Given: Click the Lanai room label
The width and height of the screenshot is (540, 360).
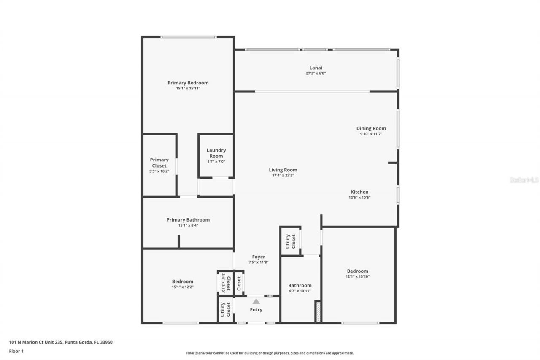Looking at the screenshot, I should coord(316,68).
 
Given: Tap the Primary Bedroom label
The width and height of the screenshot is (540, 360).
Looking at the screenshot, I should coord(188,83).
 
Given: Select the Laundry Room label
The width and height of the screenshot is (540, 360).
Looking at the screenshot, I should coord(216,153).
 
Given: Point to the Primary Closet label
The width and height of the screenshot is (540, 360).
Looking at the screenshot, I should coord(159,162).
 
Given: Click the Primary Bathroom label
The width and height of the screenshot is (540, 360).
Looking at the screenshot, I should coord(188,219).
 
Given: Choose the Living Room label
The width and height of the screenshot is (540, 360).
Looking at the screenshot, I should coord(283,170).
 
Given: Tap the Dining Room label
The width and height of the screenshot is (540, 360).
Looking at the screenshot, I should coord(371,128).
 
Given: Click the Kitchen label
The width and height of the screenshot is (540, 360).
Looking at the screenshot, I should coord(359,192).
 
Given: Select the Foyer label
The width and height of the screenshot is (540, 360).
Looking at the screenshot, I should coord(259,257).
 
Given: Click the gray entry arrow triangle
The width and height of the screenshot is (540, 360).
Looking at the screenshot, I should coord(256,301).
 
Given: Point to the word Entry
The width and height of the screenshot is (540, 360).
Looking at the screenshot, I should coord(256,309).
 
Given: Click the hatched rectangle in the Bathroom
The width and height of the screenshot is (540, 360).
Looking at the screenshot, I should coord(318,311).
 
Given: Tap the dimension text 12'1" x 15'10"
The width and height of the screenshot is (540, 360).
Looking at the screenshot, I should coord(357,276).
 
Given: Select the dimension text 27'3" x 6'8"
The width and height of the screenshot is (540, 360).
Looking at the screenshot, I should coord(316,73).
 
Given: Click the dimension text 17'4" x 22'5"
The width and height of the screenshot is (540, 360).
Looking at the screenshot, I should coord(283,175).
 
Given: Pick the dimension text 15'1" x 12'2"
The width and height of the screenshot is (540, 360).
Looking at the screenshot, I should coord(182,287).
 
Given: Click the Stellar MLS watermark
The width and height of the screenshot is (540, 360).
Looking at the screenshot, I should coord(524,180).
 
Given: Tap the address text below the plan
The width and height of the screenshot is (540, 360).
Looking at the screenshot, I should coord(61,342).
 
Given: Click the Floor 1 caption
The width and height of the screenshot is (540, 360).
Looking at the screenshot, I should coord(16,351).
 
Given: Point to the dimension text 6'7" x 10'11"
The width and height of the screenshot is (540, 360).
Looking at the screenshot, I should coord(300,291).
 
